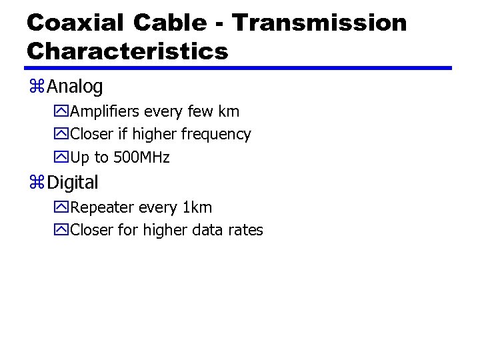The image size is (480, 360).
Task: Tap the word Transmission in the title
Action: [x=319, y=23]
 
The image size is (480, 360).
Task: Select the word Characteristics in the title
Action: [x=127, y=51]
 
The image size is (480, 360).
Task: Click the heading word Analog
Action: [x=75, y=87]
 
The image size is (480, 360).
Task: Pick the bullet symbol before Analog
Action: [x=37, y=87]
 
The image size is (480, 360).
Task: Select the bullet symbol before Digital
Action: [x=37, y=183]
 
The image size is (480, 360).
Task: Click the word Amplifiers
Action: [x=104, y=111]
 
